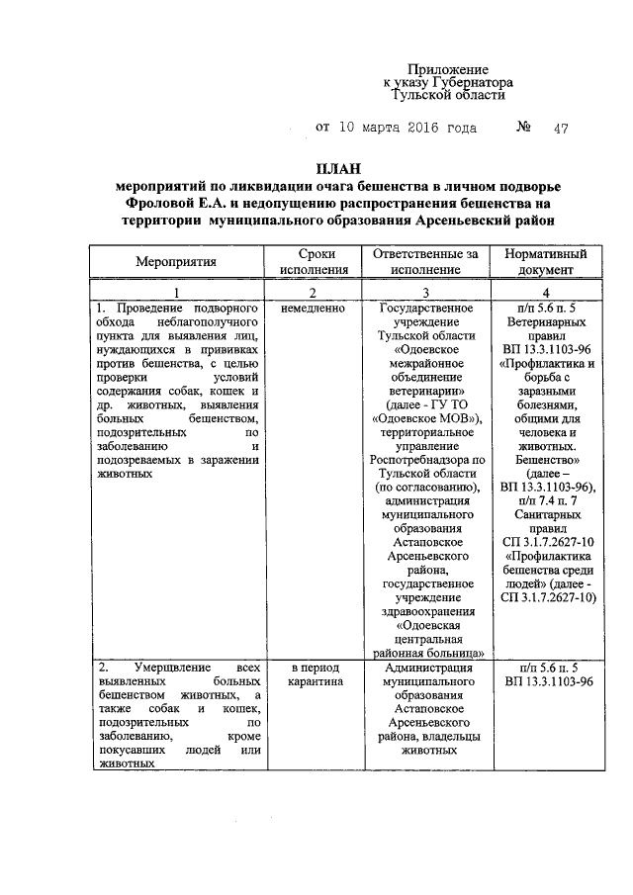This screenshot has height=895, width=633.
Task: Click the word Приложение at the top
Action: pos(449,69)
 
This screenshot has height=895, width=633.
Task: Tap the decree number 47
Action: pos(561,129)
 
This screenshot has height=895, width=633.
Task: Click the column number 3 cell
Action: pos(424,293)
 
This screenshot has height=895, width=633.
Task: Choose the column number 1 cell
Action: pos(175,293)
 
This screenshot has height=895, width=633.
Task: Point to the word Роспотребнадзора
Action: pos(424,460)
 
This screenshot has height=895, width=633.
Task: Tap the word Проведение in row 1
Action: pos(149,309)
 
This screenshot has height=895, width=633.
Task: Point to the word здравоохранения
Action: pos(424,611)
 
